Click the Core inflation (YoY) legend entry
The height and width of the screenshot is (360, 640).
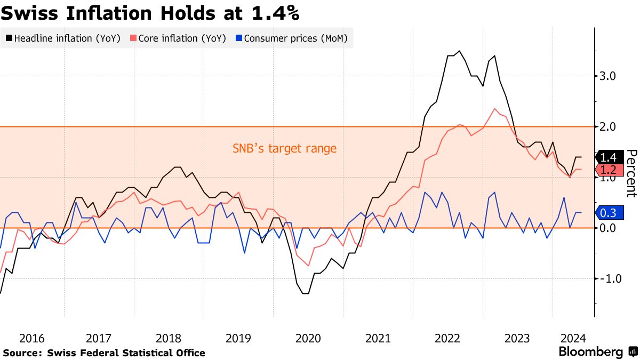(181, 38)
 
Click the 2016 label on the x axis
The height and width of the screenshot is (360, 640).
(32, 338)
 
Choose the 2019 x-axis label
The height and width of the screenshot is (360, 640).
(238, 338)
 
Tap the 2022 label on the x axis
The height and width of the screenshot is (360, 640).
(447, 338)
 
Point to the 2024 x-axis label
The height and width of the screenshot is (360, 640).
(573, 338)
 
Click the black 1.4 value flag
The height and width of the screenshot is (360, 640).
(609, 157)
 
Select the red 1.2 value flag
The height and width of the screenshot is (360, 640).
(609, 170)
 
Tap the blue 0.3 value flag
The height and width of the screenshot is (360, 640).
(609, 213)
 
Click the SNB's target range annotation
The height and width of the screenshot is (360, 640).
(284, 148)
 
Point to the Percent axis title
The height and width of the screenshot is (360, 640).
(631, 173)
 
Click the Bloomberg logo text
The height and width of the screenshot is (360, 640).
(590, 352)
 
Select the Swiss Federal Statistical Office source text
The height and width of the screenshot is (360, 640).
(126, 353)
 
